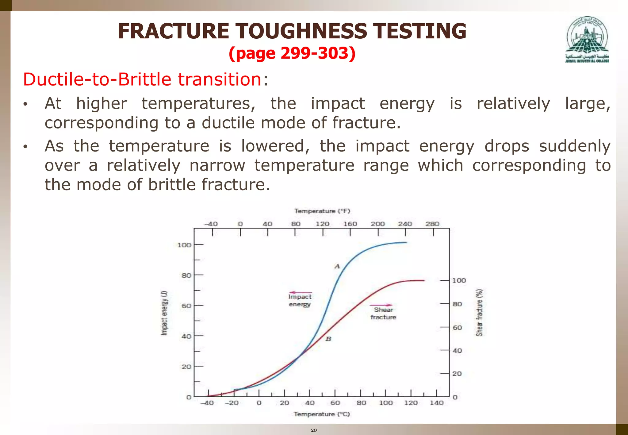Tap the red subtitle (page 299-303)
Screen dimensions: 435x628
click(x=292, y=53)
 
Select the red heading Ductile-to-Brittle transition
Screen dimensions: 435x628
click(x=142, y=79)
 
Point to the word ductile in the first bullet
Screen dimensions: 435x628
click(x=228, y=123)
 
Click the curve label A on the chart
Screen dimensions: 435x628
click(x=337, y=266)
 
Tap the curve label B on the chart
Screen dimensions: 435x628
click(x=328, y=339)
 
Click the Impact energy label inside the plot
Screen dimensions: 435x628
click(x=300, y=300)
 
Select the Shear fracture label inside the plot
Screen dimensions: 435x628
click(x=383, y=314)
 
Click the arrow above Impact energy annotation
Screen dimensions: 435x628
click(x=301, y=292)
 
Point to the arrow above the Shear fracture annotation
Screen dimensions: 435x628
click(x=381, y=305)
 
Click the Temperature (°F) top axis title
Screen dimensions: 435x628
click(x=322, y=211)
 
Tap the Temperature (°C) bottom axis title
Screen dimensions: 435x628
click(x=322, y=414)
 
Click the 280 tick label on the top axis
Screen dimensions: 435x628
click(x=432, y=224)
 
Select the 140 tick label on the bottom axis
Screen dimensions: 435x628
click(x=436, y=403)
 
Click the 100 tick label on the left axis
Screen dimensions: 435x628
click(x=184, y=245)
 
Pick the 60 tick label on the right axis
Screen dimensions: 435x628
click(x=457, y=328)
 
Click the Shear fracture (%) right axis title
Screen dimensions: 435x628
click(x=479, y=313)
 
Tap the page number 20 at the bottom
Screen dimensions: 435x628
click(x=314, y=430)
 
